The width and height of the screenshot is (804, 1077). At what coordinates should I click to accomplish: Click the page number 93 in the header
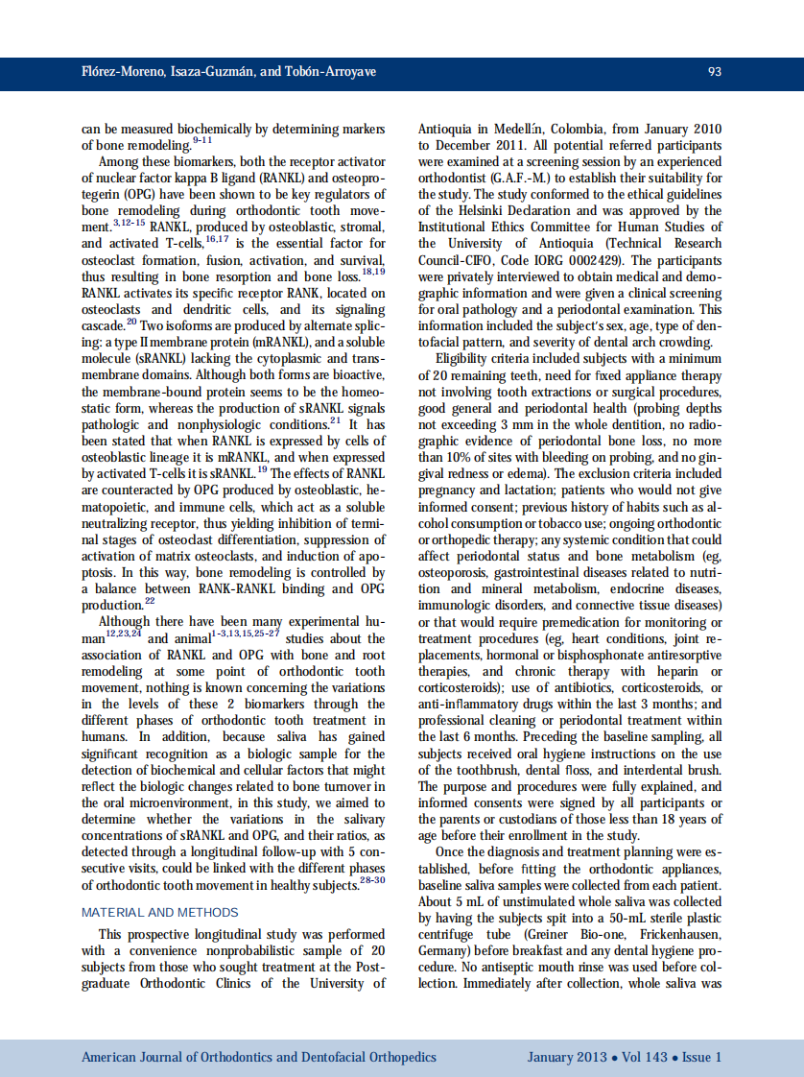point(714,72)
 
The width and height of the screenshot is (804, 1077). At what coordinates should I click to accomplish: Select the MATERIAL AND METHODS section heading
point(160,912)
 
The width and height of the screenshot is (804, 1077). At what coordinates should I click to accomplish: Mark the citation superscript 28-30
point(372,880)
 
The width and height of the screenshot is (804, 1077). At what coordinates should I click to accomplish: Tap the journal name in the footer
point(258,1058)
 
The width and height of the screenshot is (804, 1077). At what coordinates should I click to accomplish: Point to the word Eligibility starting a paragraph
point(468,359)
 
